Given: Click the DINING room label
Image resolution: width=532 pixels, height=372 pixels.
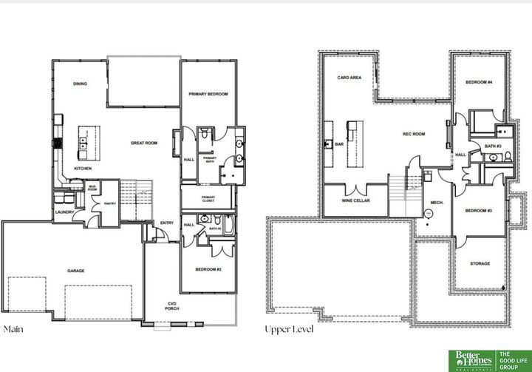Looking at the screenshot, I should [x=80, y=84].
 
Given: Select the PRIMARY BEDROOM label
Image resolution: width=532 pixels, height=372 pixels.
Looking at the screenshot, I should [x=208, y=94].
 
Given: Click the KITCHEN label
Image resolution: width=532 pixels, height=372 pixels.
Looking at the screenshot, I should [x=83, y=169].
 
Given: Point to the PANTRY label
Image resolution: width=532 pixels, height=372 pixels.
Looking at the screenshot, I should [x=109, y=203].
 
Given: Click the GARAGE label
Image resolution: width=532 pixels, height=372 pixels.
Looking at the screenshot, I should [x=75, y=271].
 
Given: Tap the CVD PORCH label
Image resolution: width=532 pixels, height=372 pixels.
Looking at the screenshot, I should [x=172, y=306].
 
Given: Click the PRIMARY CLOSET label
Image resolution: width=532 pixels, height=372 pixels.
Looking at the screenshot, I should [x=208, y=199].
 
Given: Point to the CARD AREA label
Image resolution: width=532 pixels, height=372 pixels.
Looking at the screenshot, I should [x=349, y=77].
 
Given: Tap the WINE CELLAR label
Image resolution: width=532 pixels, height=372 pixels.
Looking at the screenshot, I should [x=355, y=200].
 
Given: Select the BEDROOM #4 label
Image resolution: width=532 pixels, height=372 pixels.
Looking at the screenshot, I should [x=479, y=81].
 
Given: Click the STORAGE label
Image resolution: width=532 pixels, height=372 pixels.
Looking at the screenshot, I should [x=480, y=263].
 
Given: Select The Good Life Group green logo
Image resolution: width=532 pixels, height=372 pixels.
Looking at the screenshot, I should [x=513, y=359].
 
